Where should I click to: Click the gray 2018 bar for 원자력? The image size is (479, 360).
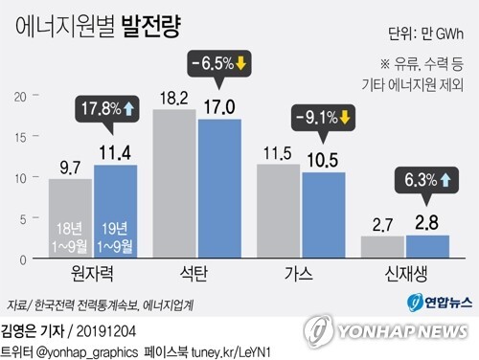[70, 218]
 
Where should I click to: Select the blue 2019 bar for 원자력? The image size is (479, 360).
[115, 212]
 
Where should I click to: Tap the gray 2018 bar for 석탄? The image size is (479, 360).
[174, 184]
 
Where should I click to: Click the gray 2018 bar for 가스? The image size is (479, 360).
[278, 212]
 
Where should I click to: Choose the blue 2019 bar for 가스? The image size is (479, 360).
[323, 215]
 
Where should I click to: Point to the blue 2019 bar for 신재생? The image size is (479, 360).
[426, 247]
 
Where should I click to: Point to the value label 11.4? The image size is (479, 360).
[114, 153]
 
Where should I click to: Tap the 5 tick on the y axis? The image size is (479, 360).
[22, 218]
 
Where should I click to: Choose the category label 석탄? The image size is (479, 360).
[196, 274]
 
